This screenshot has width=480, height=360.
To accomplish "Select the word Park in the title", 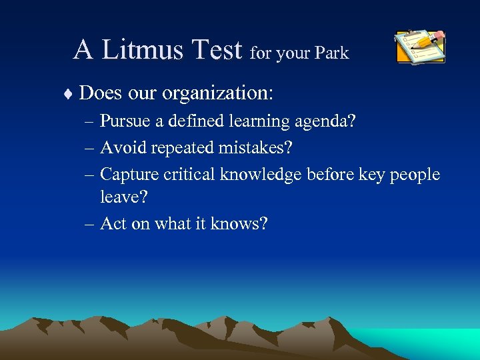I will coord(332,53).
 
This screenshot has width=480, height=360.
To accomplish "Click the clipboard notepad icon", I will coord(419,47).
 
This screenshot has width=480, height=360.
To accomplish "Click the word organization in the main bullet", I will coord(216,93).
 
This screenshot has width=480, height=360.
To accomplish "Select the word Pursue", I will coord(124,122).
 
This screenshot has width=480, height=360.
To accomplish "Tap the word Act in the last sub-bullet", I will coord(113,223).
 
